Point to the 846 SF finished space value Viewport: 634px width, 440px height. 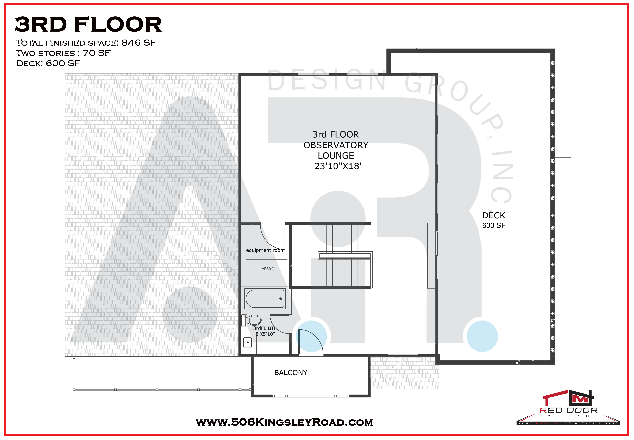(139, 43)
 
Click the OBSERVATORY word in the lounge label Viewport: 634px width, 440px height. (336, 145)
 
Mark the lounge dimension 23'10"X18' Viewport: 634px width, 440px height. (338, 166)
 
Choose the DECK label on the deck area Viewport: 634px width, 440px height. (493, 215)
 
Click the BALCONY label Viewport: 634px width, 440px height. (291, 372)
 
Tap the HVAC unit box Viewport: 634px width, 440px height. (266, 272)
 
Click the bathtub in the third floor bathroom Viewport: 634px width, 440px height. (265, 299)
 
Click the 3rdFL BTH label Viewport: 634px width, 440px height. (265, 328)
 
